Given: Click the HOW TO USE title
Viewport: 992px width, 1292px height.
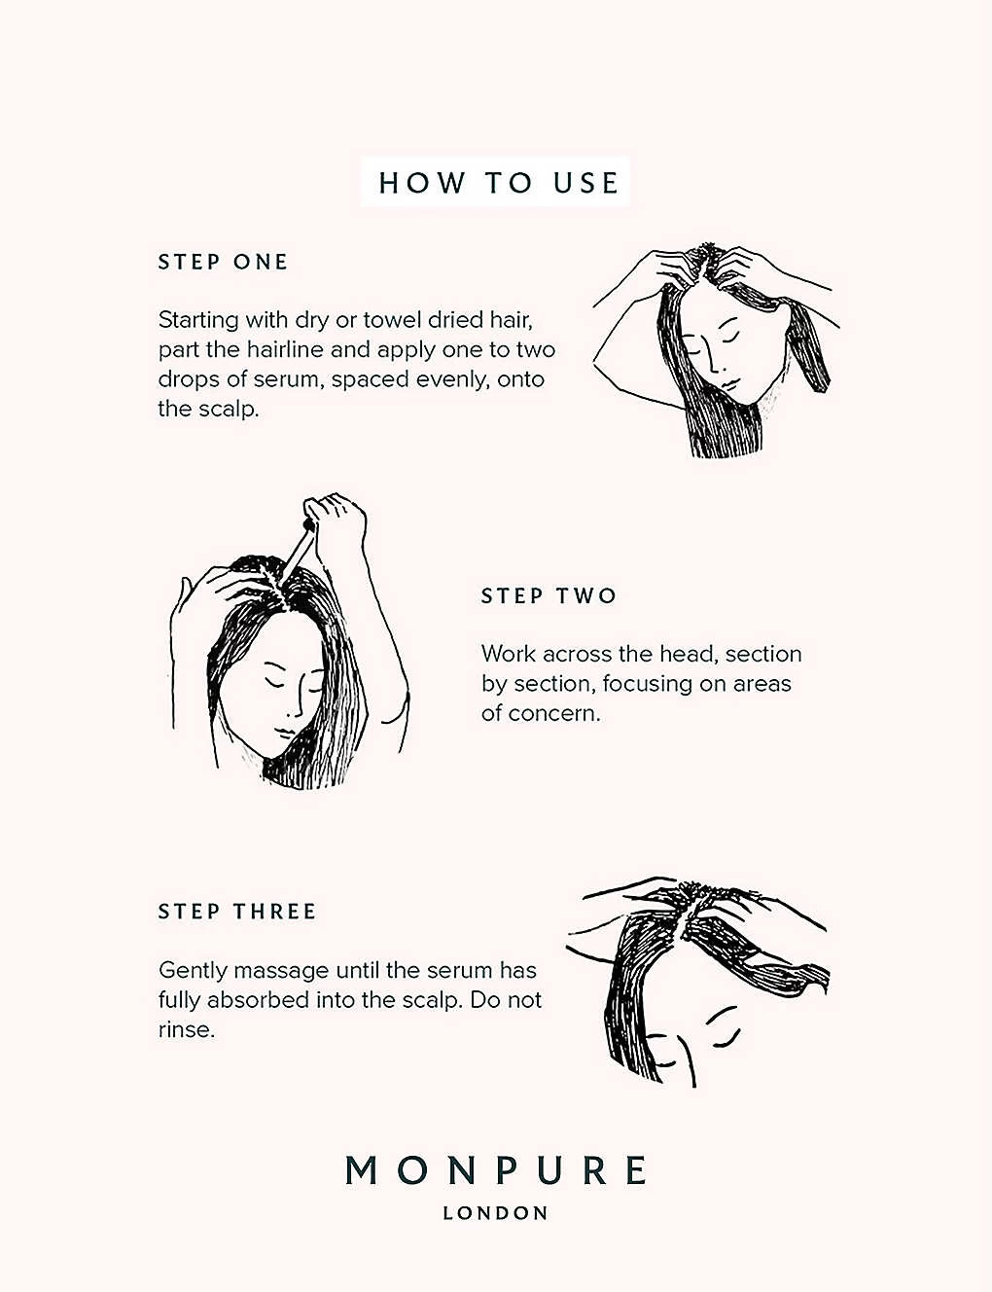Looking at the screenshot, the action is coord(498,183).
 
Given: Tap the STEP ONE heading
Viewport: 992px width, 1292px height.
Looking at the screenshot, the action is coord(223,263).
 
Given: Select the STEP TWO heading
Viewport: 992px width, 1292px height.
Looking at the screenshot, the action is coord(549,595).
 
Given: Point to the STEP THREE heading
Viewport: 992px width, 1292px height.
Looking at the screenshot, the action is coord(236,912).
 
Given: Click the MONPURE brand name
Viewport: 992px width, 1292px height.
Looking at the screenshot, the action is coord(496,1170).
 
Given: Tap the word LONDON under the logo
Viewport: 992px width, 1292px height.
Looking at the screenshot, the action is coord(495,1213).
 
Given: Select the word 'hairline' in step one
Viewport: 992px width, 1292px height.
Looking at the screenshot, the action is coord(285,349).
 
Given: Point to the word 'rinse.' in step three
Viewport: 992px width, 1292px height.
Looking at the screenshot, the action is coord(186,1030).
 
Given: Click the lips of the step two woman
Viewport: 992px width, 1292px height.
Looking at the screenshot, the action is coord(284,731).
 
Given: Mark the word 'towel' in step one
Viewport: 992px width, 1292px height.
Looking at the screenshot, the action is coord(391,320).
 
